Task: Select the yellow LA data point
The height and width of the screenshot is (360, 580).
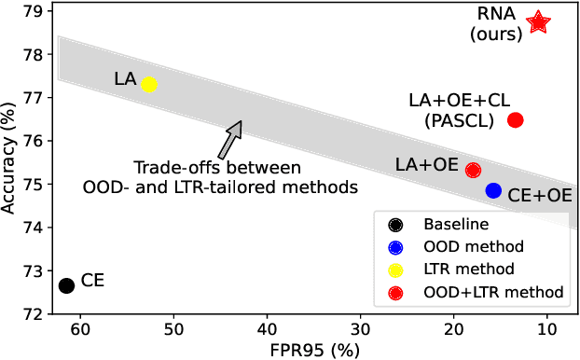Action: pyautogui.click(x=148, y=85)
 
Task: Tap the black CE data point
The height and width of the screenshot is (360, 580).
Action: pyautogui.click(x=66, y=285)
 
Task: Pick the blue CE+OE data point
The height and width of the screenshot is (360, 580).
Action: pyautogui.click(x=493, y=190)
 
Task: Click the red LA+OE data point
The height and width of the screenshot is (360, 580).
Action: pyautogui.click(x=473, y=170)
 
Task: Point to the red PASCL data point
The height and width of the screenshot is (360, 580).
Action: pyautogui.click(x=515, y=119)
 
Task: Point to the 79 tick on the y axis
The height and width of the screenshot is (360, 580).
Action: pyautogui.click(x=38, y=12)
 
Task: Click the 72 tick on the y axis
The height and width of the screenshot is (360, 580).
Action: pyautogui.click(x=38, y=314)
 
